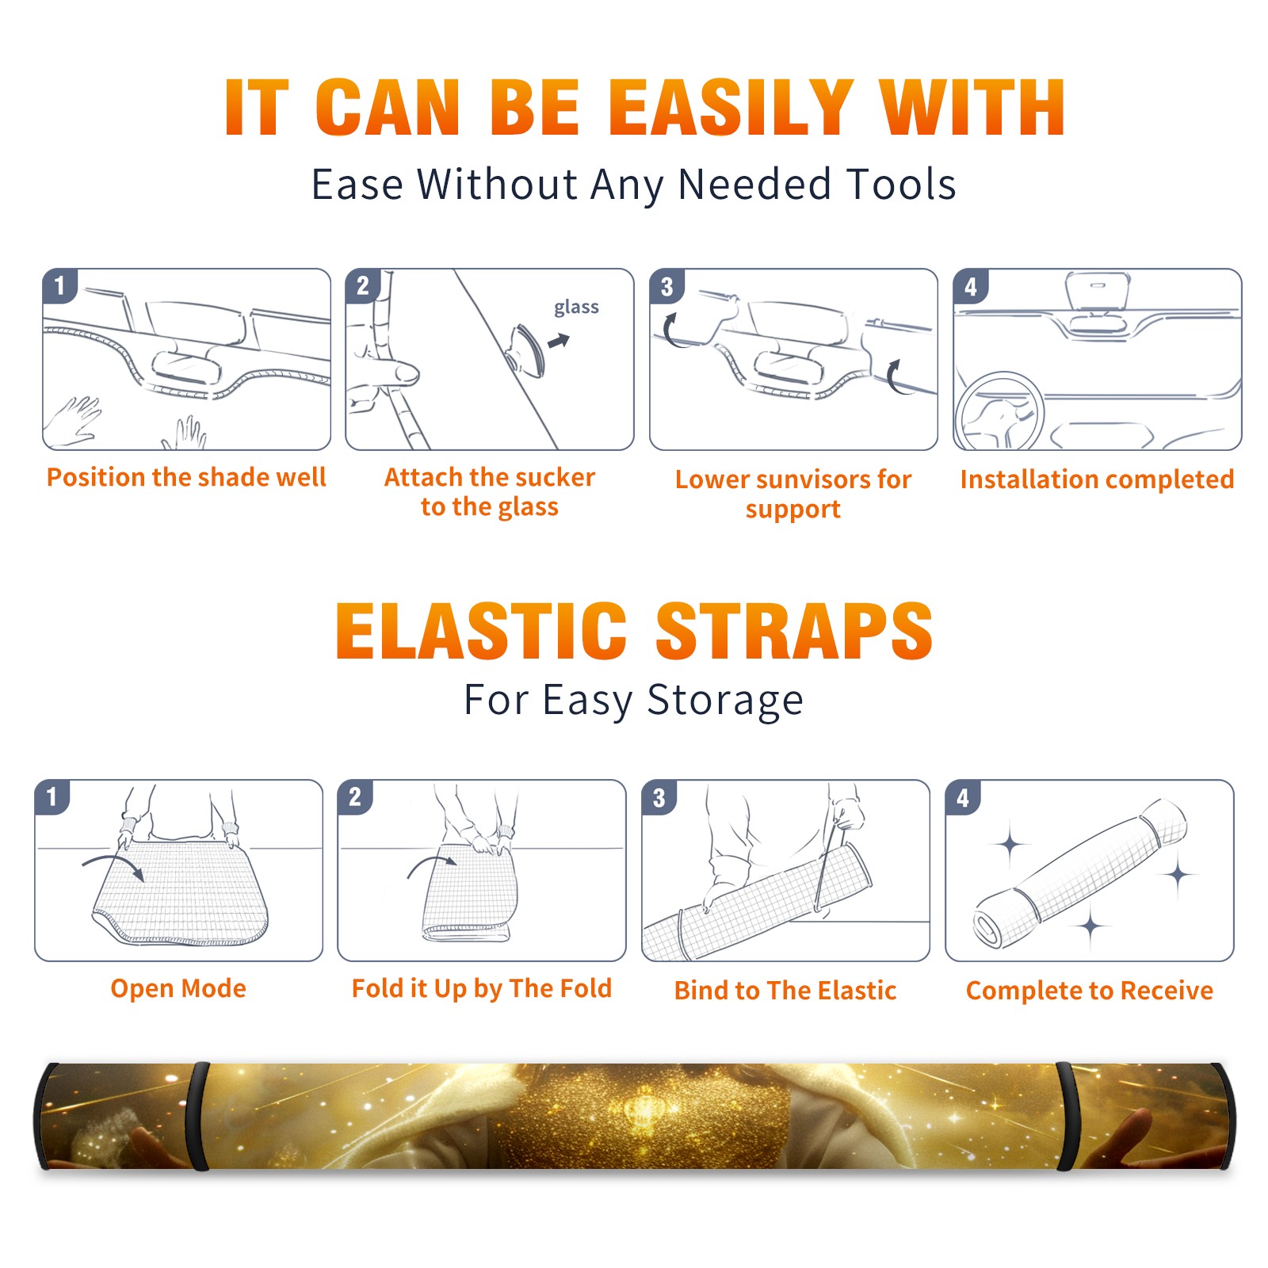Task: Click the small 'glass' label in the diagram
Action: pos(576,307)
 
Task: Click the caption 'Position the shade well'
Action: pos(186,477)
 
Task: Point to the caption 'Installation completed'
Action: pos(1097,479)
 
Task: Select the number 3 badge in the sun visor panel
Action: pos(666,286)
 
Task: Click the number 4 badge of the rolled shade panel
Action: pos(963,797)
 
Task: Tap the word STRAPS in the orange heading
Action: pos(794,631)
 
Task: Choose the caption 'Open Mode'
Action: pos(178,988)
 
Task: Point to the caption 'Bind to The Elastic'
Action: pos(785,991)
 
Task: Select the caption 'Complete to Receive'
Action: pos(1090,991)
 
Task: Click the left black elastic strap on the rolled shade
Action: pos(199,1116)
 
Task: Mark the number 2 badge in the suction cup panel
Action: pos(363,286)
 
